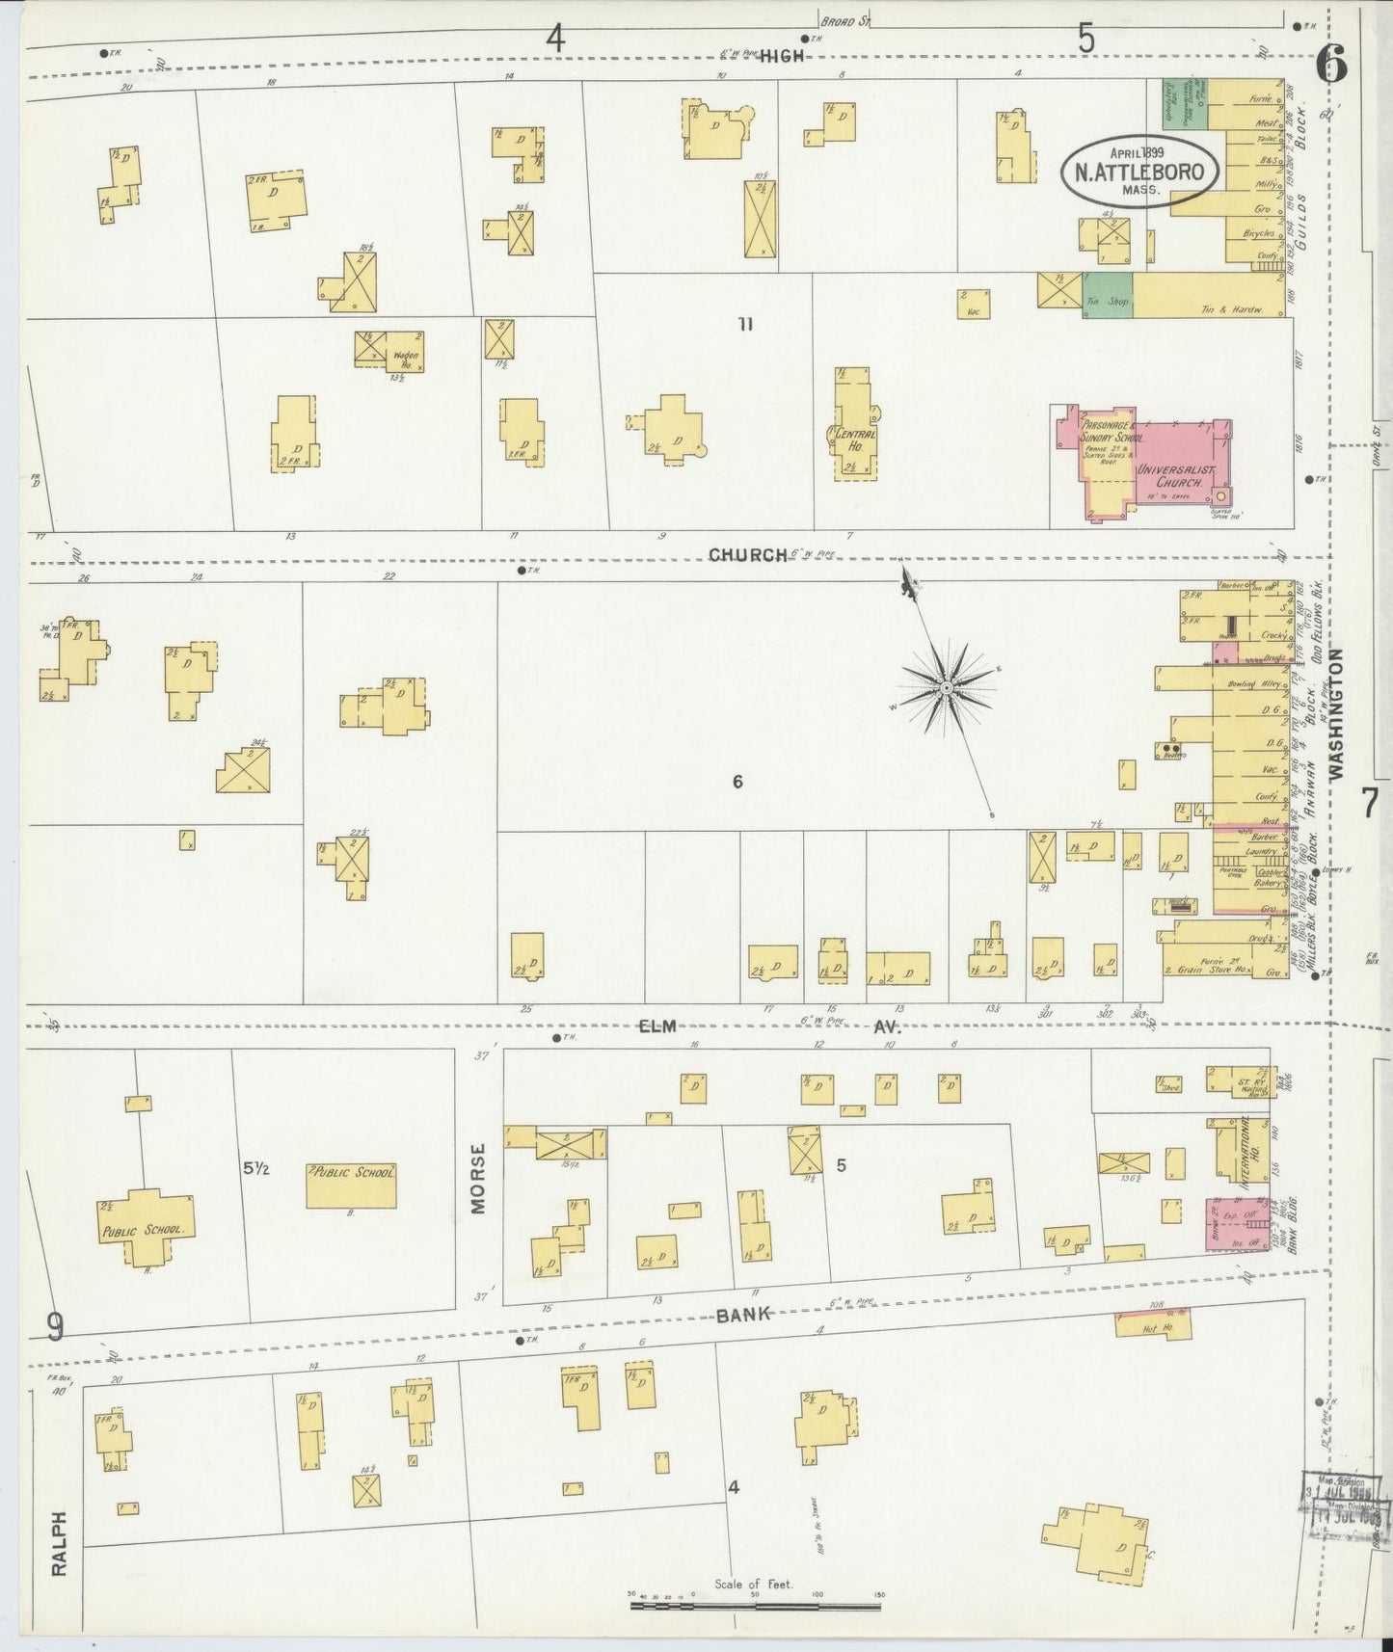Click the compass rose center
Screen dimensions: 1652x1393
pyautogui.click(x=947, y=687)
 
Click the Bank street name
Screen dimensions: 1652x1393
pyautogui.click(x=744, y=1314)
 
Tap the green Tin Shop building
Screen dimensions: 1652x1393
pyautogui.click(x=1107, y=297)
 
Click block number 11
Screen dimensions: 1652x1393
pyautogui.click(x=744, y=324)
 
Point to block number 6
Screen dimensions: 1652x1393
pyautogui.click(x=737, y=782)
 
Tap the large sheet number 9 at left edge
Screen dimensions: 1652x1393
pyautogui.click(x=55, y=1327)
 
